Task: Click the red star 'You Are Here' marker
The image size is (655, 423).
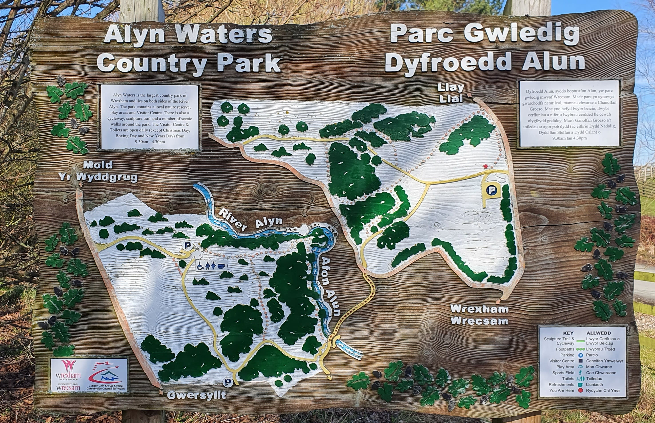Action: pos(486,166)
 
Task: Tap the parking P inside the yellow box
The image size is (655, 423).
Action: pos(491,190)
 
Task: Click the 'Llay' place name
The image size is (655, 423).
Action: pos(451,88)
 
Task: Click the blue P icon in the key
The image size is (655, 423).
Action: pos(580,355)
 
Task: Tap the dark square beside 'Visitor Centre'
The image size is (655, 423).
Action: pos(580,361)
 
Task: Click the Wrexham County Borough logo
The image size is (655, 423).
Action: pos(68,375)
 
